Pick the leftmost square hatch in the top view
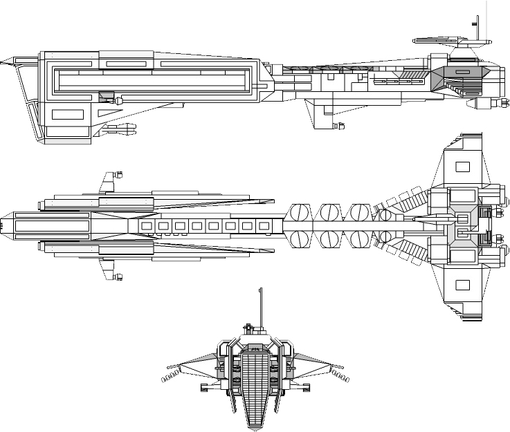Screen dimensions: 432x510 pyautogui.click(x=146, y=225)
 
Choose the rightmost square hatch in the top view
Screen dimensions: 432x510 pyautogui.click(x=263, y=225)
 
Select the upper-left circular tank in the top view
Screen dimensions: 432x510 pyautogui.click(x=300, y=212)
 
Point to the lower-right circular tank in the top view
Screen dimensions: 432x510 pyautogui.click(x=386, y=239)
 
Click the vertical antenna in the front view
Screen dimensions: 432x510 pyautogui.click(x=260, y=305)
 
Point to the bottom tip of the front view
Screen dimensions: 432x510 pyautogui.click(x=256, y=428)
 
